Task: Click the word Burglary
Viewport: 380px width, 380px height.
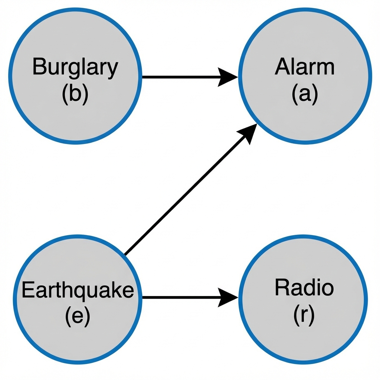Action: click(75, 68)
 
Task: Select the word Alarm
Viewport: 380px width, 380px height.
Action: click(304, 68)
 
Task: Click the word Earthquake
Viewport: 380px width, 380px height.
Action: click(77, 290)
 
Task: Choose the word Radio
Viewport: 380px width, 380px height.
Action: click(304, 288)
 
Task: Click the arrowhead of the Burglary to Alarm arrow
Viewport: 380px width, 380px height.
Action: click(227, 77)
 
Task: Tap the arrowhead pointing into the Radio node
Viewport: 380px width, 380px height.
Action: click(227, 297)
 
